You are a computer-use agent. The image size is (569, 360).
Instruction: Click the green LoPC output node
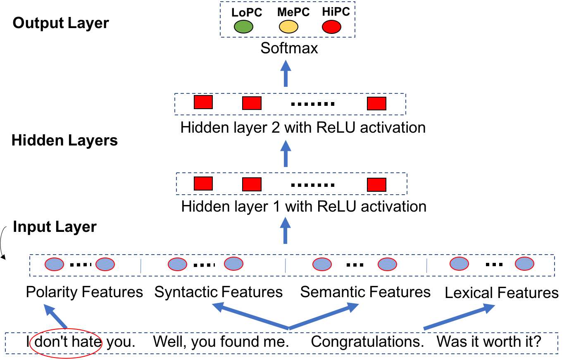243,27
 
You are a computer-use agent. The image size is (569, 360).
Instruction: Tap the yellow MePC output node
288,27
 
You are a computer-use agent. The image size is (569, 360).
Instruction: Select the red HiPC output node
331,27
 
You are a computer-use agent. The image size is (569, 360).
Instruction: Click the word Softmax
289,48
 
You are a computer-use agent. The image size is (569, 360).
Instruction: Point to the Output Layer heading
61,23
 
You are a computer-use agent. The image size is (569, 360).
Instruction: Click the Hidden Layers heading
64,140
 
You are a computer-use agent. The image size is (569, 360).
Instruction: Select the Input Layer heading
55,226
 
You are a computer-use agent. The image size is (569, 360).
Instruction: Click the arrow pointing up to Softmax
286,74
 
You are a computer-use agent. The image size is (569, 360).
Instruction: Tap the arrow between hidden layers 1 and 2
286,153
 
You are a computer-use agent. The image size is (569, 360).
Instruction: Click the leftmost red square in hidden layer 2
203,102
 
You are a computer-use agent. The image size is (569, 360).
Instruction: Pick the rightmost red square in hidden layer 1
377,185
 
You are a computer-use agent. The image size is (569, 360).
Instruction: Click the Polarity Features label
84,292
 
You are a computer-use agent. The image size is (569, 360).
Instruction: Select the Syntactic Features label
219,292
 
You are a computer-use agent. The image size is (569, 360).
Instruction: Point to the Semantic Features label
365,292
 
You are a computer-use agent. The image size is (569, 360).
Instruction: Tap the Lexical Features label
502,293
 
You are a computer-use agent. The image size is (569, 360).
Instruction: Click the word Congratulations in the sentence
367,342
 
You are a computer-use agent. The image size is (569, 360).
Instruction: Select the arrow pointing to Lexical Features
459,317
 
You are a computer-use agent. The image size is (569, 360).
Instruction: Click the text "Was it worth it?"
489,342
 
